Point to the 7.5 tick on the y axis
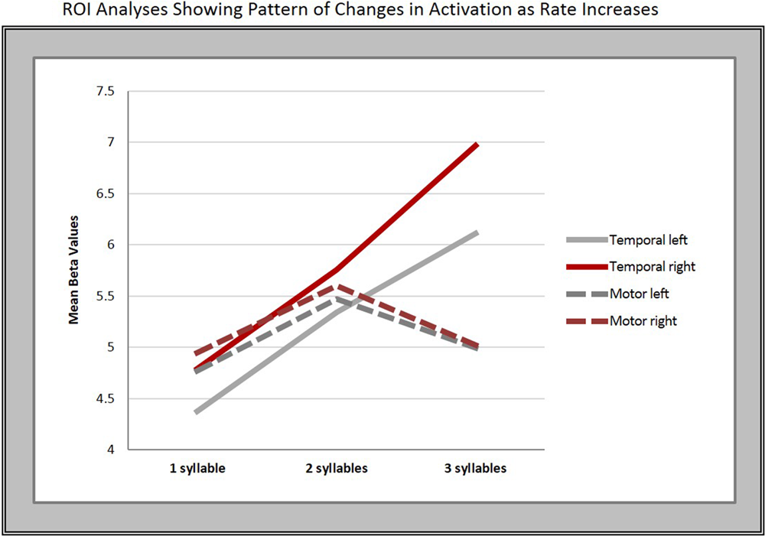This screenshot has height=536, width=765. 105,91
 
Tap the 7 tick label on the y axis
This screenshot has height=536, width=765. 110,142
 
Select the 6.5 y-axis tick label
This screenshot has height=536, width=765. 105,193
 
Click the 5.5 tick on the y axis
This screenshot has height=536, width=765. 105,296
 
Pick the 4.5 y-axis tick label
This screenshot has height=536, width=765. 105,398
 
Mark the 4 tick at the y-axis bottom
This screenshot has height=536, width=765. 110,450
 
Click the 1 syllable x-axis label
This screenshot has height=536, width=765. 197,468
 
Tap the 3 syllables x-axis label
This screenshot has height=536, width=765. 476,468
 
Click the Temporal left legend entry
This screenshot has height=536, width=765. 648,239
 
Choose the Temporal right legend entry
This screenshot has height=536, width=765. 652,267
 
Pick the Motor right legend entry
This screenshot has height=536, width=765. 643,321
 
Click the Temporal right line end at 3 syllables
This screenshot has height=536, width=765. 477,144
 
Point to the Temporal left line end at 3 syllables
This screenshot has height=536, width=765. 477,232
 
